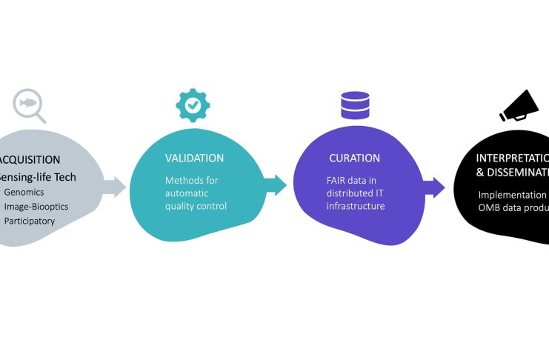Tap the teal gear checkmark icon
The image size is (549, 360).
click(x=193, y=105)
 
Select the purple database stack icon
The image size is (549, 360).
click(x=355, y=104)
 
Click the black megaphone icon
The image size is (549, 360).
click(x=519, y=105)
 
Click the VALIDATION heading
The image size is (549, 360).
click(x=194, y=159)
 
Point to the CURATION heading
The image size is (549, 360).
click(x=354, y=159)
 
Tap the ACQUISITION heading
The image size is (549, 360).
click(x=30, y=160)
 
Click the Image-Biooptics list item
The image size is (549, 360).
click(x=36, y=206)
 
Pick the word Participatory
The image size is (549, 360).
click(x=30, y=221)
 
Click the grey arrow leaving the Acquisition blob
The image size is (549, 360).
click(x=114, y=186)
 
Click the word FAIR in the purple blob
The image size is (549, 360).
click(x=338, y=179)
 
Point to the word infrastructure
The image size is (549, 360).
click(x=356, y=205)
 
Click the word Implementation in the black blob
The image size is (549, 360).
click(x=512, y=195)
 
